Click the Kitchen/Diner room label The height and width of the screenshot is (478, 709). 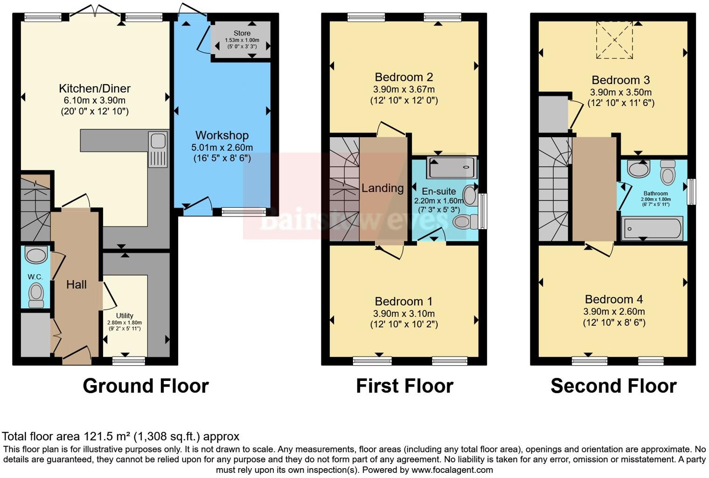[94, 88]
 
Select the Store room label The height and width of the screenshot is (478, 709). [242, 33]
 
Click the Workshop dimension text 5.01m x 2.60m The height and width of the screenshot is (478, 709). [222, 147]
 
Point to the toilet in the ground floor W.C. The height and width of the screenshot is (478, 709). [36, 295]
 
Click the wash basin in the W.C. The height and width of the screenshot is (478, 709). [36, 255]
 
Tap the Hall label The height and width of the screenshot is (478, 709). [76, 285]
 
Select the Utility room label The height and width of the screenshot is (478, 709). [125, 316]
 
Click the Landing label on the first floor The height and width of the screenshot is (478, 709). [382, 188]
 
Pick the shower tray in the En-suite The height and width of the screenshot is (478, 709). [452, 168]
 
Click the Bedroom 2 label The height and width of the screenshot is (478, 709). [403, 77]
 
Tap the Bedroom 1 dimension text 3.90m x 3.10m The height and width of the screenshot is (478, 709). [403, 313]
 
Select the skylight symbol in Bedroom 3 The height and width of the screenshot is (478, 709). [615, 41]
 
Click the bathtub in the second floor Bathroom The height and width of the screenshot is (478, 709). [652, 229]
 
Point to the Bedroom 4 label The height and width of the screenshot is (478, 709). [613, 299]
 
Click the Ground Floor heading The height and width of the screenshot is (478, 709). [146, 386]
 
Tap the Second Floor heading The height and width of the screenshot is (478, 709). [613, 386]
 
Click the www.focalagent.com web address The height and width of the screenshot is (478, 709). [452, 470]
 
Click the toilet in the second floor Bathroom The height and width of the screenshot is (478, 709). [668, 174]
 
